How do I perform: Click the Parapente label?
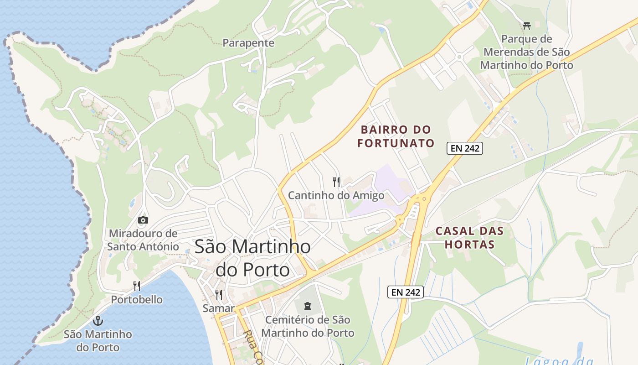pyautogui.click(x=248, y=43)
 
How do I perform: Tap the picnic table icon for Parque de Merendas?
pyautogui.click(x=527, y=26)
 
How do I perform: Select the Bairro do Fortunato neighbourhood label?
pyautogui.click(x=396, y=136)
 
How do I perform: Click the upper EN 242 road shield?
pyautogui.click(x=464, y=148)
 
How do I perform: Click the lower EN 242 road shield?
pyautogui.click(x=406, y=292)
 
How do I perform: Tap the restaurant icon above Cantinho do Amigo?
pyautogui.click(x=336, y=182)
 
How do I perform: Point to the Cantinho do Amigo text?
pyautogui.click(x=336, y=196)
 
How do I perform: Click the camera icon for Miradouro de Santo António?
pyautogui.click(x=143, y=220)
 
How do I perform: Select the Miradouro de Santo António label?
pyautogui.click(x=143, y=240)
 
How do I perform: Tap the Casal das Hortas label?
pyautogui.click(x=469, y=237)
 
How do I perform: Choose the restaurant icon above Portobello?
pyautogui.click(x=137, y=286)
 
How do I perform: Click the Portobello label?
pyautogui.click(x=137, y=300)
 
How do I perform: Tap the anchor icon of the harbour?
pyautogui.click(x=98, y=321)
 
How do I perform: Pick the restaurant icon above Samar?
pyautogui.click(x=219, y=295)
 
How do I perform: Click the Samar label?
pyautogui.click(x=218, y=308)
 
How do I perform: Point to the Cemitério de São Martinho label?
pyautogui.click(x=308, y=326)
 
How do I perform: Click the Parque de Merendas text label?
pyautogui.click(x=527, y=52)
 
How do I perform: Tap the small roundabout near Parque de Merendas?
pyautogui.click(x=459, y=57)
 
